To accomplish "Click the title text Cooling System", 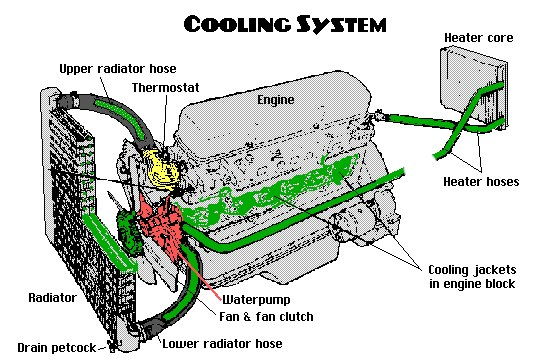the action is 285,24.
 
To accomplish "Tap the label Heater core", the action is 479,38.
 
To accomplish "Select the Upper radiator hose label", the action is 118,69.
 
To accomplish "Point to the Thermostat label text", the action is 166,88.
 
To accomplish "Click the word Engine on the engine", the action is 276,100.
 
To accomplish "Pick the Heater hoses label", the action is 481,181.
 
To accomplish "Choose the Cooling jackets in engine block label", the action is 472,276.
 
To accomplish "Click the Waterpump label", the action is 256,299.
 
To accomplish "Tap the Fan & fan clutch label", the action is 266,316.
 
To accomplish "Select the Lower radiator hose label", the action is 222,344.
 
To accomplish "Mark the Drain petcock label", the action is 57,348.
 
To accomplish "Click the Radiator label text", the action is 52,298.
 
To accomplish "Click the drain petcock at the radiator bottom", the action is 113,346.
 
